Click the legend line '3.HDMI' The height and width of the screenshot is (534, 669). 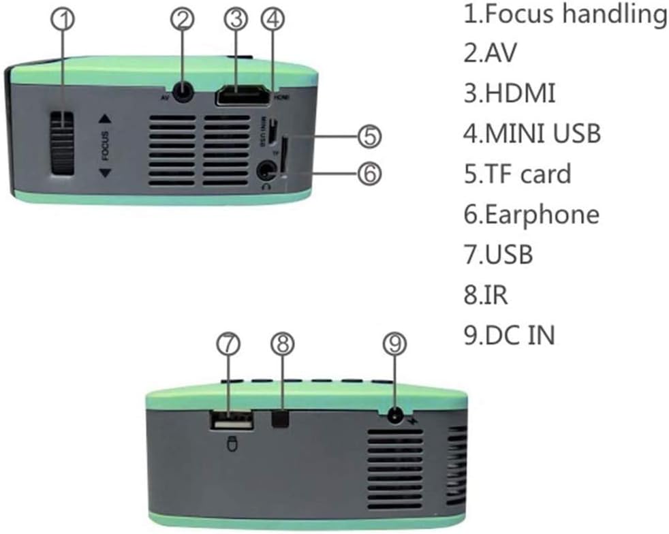pos(509,93)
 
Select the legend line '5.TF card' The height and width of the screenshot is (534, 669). pos(517,174)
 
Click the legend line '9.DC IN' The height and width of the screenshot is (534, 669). pos(509,335)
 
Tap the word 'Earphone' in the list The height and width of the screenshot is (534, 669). pos(542,215)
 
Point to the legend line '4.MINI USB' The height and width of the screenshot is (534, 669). pos(532,133)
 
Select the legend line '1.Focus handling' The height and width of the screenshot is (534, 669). pos(565,14)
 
